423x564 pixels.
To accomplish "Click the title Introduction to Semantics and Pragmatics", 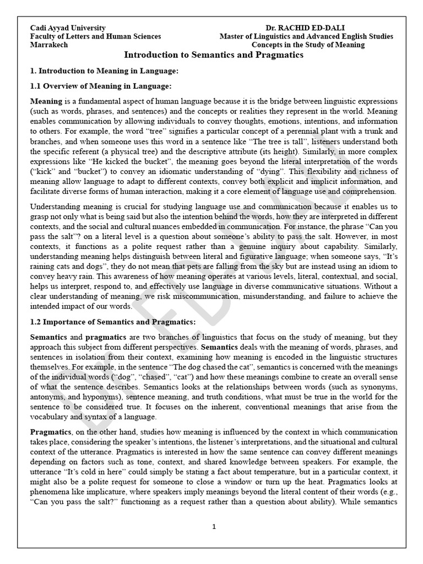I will (x=213, y=55).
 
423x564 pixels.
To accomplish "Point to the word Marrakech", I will (x=48, y=45).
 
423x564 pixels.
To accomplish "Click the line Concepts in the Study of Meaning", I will (x=308, y=45).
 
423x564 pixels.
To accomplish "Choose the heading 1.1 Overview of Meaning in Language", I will (x=101, y=86).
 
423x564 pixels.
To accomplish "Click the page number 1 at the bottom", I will (x=214, y=527).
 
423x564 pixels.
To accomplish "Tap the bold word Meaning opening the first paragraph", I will (x=46, y=102).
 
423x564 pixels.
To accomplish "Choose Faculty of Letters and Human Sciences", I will (x=95, y=36).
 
